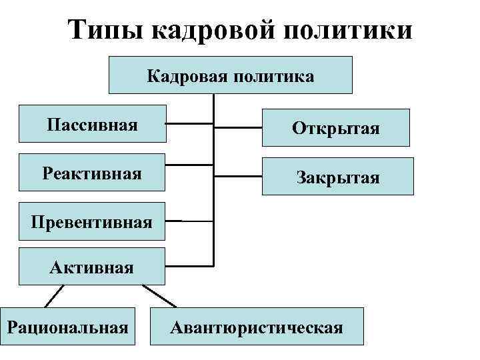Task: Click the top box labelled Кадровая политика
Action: coord(231,75)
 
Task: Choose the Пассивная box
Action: coord(92,124)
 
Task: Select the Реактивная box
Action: coord(92,174)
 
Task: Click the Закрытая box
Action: coord(337,177)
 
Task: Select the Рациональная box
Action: coord(68,327)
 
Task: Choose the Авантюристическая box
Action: coord(257,327)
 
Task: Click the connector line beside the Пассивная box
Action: coord(189,123)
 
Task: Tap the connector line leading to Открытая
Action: coord(238,127)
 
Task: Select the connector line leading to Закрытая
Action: coord(238,176)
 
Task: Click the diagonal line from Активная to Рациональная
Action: coord(55,296)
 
